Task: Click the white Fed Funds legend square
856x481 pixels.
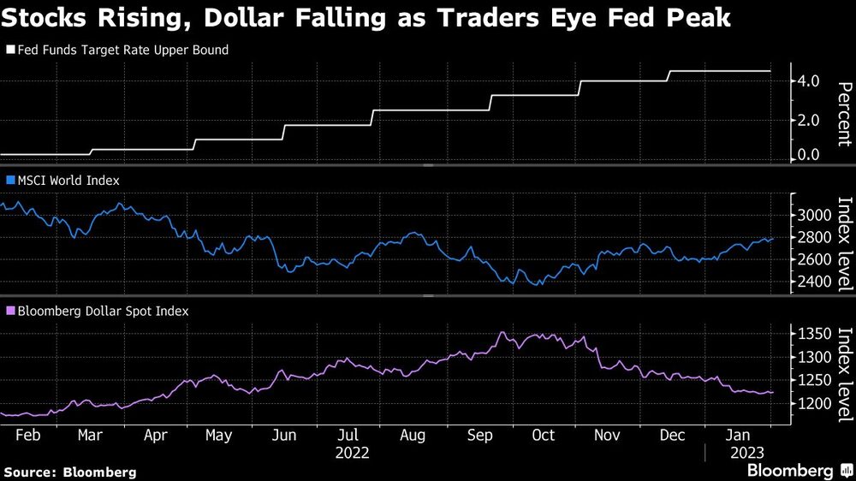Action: coord(10,50)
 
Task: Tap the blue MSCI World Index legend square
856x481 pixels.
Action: coord(10,181)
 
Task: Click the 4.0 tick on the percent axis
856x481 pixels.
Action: coord(809,81)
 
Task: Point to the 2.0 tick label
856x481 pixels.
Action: coord(809,120)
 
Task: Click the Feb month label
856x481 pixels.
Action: coord(29,434)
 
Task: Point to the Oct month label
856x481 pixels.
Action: coord(543,434)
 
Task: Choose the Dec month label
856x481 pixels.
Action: coord(673,434)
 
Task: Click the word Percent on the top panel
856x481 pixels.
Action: coord(843,114)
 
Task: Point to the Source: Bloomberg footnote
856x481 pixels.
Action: coord(70,472)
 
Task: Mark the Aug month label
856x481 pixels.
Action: coord(413,434)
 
